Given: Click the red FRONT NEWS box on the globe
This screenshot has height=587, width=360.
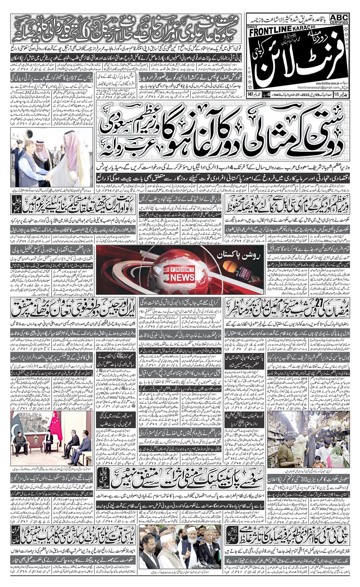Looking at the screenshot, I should click(183, 273).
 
